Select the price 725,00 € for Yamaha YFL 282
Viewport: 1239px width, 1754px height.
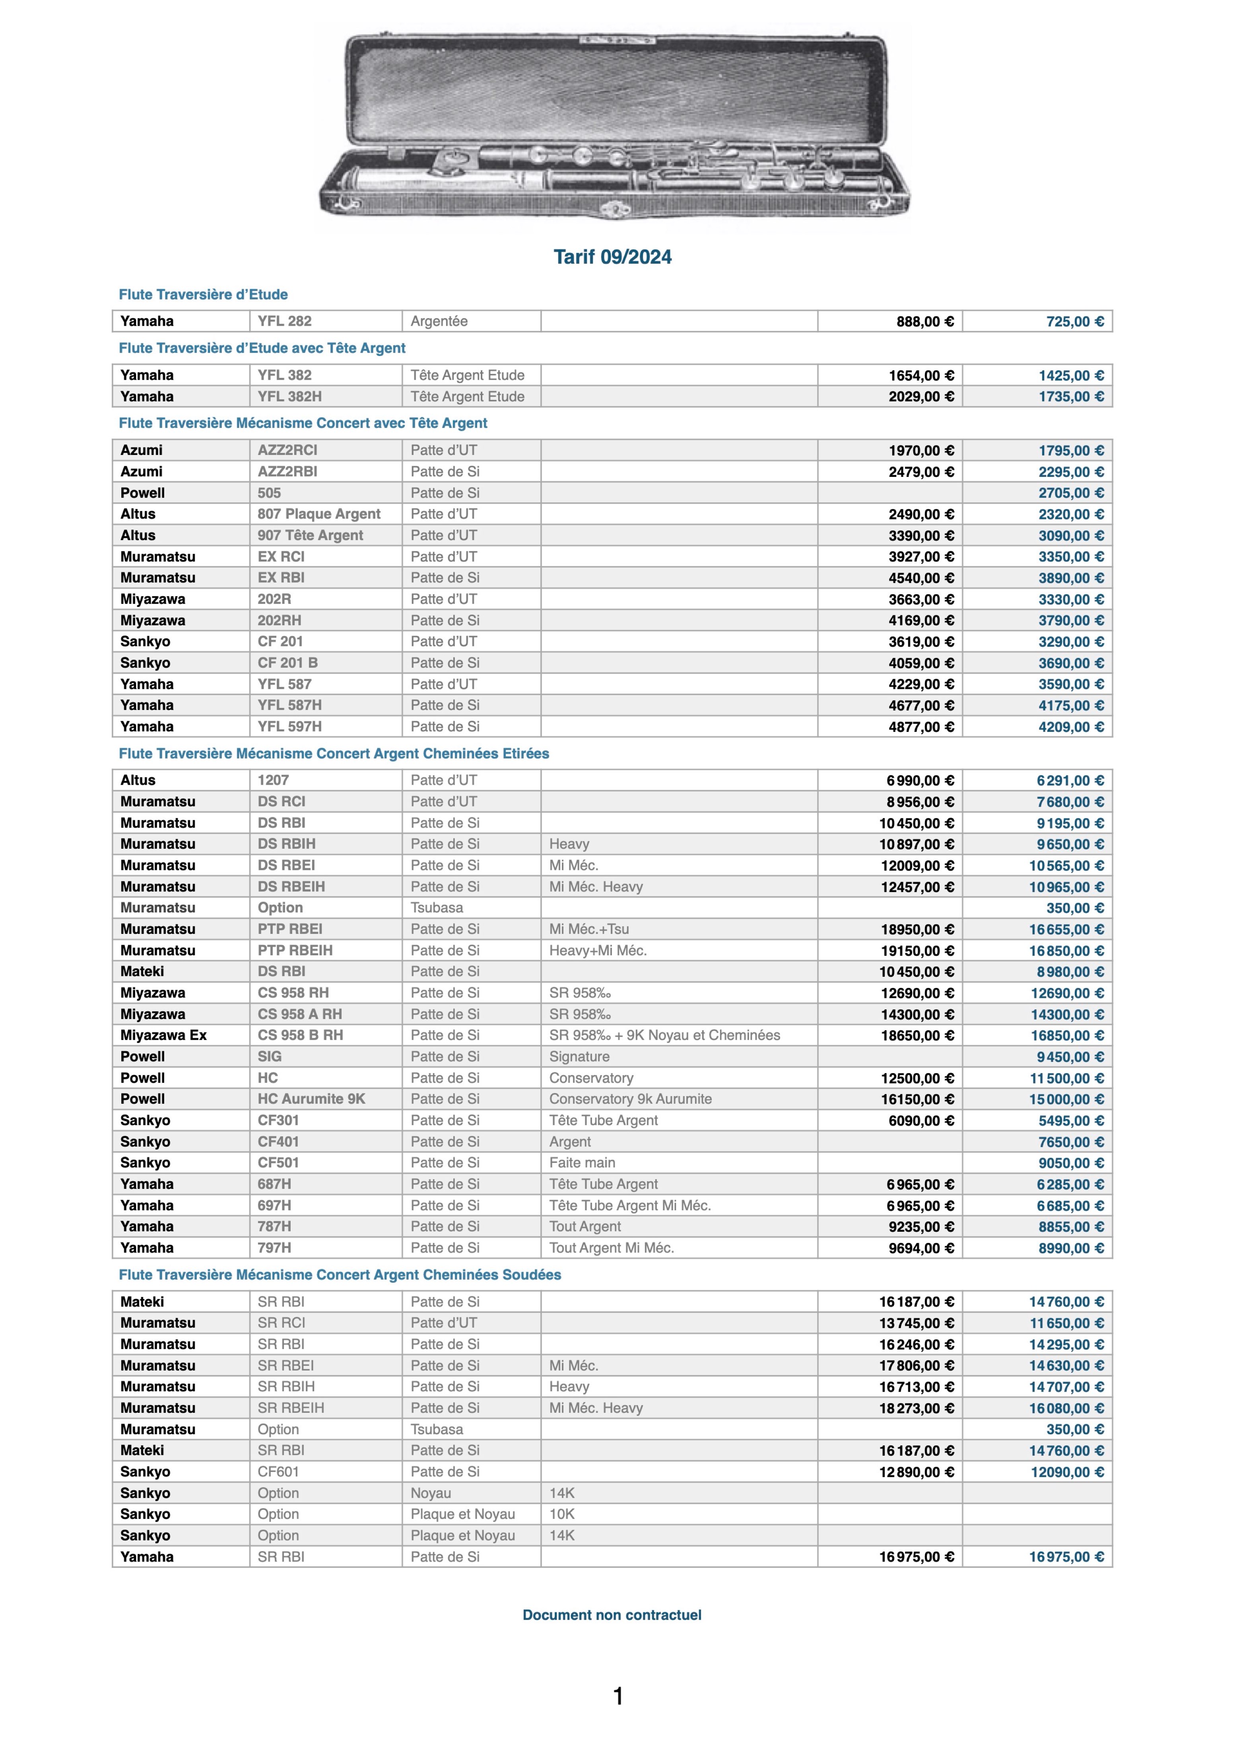pyautogui.click(x=1074, y=322)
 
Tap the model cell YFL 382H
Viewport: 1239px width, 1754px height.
pyautogui.click(x=289, y=397)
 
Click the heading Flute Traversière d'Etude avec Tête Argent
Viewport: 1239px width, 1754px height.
pyautogui.click(x=262, y=348)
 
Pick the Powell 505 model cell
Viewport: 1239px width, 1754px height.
pyautogui.click(x=270, y=493)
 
